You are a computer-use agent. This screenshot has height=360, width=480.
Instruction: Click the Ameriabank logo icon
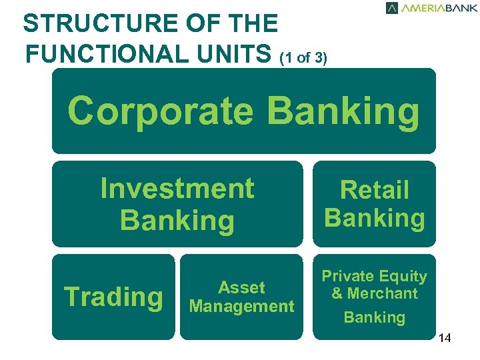[392, 8]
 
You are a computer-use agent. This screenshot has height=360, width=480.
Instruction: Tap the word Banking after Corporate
[344, 111]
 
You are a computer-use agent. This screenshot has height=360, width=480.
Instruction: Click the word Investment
[177, 189]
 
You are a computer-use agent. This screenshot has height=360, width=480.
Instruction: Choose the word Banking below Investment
[177, 221]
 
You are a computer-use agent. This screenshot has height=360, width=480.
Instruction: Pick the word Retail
[374, 191]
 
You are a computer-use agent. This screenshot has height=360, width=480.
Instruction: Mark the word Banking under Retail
[374, 218]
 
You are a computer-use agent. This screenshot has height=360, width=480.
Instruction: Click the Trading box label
[113, 297]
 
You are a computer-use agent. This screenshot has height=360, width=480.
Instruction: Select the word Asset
[241, 288]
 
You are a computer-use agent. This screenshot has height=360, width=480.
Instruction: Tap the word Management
[241, 307]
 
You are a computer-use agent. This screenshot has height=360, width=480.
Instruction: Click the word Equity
[405, 276]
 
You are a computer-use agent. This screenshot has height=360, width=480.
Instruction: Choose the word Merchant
[383, 293]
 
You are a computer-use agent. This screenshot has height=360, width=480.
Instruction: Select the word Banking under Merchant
[374, 317]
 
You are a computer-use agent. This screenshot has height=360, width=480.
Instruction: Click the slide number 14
[445, 339]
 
